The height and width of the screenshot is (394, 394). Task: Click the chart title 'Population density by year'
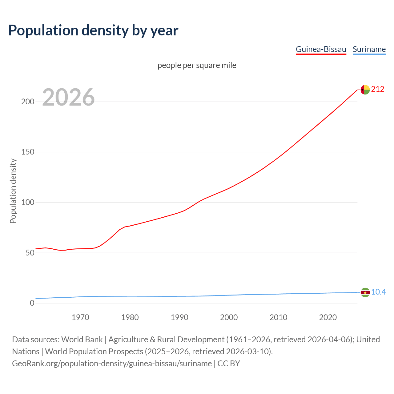click(93, 30)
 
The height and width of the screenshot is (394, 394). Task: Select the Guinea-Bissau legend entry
click(321, 49)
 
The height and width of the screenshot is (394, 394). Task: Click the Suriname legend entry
click(369, 49)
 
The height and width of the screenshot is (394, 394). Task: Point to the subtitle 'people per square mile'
click(197, 65)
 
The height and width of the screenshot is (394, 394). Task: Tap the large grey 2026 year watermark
click(68, 97)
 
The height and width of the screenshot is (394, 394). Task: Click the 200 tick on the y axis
click(27, 102)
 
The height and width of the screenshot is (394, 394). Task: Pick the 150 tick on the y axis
click(27, 152)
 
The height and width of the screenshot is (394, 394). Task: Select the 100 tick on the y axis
click(27, 203)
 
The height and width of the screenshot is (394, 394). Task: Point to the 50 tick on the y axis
click(30, 253)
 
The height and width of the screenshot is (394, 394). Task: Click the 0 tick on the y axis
click(32, 303)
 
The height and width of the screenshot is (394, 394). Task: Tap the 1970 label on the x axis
click(80, 317)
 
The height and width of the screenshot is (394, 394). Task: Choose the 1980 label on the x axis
click(130, 317)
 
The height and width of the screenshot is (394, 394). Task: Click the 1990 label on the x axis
click(179, 317)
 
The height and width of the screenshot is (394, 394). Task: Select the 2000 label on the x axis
click(229, 317)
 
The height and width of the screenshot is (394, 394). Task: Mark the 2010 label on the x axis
click(278, 317)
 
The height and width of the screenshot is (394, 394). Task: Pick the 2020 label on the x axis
click(328, 317)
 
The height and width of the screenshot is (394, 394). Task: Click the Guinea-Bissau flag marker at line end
click(365, 90)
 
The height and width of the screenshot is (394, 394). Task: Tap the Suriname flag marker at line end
click(365, 292)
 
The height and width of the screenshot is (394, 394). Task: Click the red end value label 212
click(378, 89)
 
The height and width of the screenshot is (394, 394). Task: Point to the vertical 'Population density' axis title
click(13, 191)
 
